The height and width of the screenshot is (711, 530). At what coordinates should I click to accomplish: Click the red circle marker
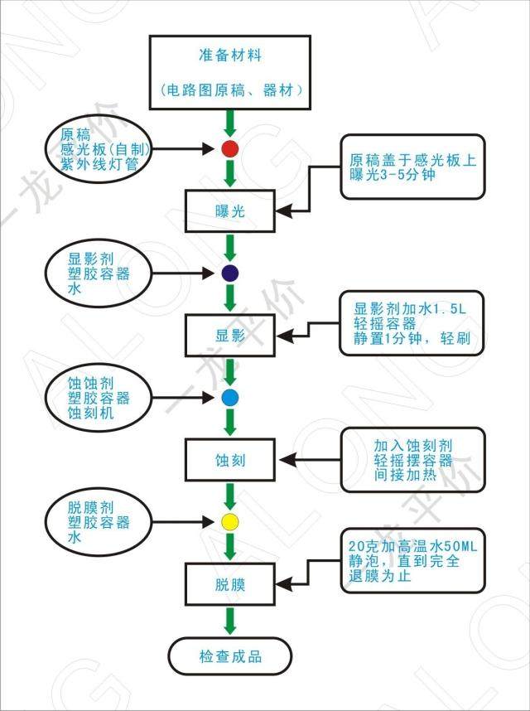[230, 149]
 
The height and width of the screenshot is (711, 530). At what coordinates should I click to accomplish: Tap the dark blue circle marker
[230, 273]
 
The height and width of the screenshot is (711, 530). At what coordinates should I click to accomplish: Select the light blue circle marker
[230, 397]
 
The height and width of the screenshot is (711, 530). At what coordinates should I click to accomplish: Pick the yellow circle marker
[230, 521]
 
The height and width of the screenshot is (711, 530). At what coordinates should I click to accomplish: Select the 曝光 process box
[229, 211]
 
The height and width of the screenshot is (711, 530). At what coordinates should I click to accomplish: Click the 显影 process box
[229, 336]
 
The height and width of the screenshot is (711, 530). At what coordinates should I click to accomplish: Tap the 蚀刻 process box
[229, 459]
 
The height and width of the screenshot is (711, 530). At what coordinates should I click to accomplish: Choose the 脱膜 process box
[229, 583]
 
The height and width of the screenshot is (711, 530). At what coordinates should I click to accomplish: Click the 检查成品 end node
[230, 656]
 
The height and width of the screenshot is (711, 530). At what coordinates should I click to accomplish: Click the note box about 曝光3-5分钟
[412, 167]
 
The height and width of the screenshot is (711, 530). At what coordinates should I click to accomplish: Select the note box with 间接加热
[412, 461]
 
